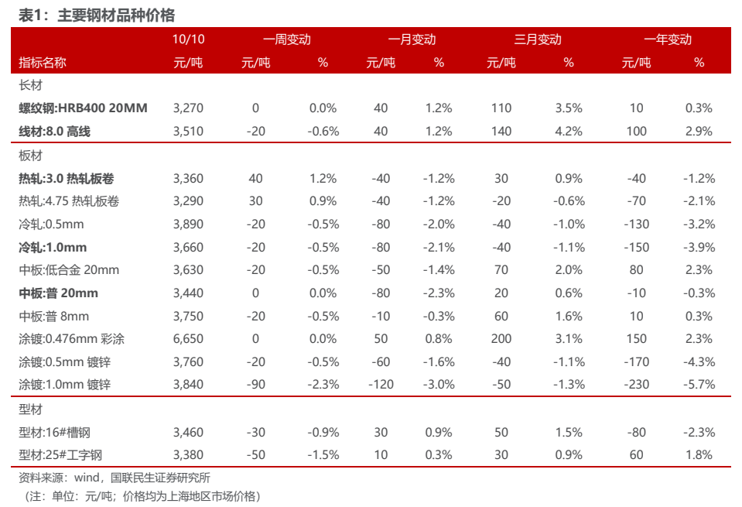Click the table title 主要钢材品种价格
116,15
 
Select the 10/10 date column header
188,39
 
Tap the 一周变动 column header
287,39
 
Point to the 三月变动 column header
538,39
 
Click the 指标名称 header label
42,63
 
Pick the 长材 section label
30,85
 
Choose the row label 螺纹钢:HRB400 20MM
83,108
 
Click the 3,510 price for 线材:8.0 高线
188,131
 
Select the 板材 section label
30,156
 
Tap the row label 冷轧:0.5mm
51,224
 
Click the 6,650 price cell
188,339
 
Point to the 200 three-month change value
501,339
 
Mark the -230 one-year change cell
637,385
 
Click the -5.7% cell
699,385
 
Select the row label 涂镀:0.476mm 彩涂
71,339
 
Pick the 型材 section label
30,409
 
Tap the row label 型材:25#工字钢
60,455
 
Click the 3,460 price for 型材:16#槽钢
188,432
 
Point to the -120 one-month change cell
381,385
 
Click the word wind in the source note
87,477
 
